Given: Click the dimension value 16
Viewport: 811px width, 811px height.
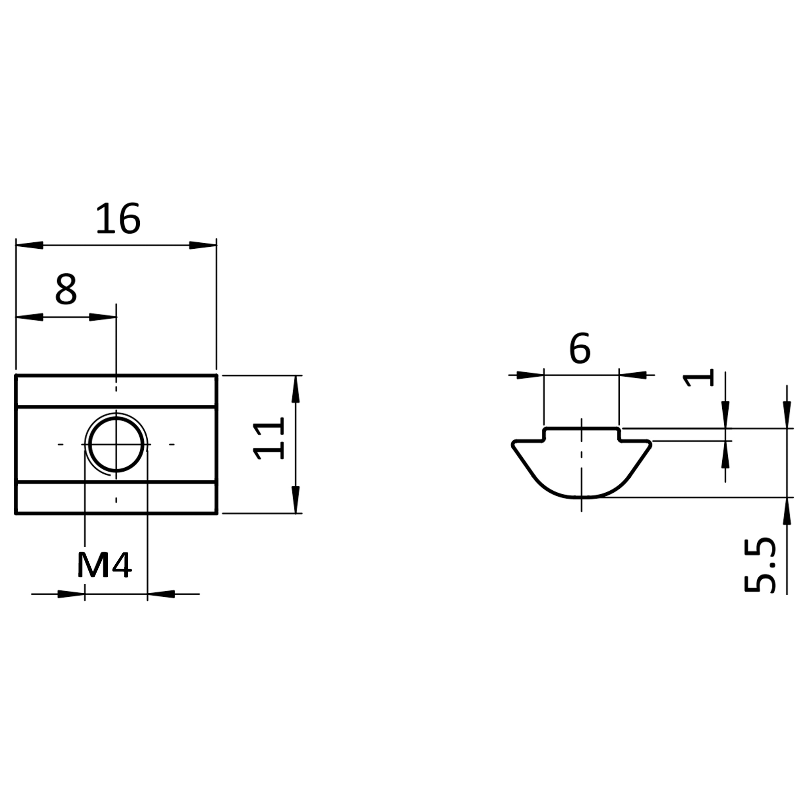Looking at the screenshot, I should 118,218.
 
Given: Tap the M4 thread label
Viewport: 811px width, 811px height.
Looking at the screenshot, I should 104,565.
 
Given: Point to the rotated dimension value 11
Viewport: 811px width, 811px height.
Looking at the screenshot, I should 268,438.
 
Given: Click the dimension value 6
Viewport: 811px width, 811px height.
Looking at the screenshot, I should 580,348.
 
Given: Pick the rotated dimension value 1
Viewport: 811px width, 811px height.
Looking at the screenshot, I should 698,378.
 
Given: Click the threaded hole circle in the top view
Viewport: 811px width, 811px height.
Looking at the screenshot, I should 116,444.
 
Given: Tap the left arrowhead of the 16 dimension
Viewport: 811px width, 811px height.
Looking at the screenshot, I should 29,245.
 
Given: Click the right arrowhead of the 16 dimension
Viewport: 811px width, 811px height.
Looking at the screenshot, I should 203,245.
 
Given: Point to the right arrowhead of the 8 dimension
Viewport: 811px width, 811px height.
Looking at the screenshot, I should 103,317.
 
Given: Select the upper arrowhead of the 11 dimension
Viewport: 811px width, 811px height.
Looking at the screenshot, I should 296,389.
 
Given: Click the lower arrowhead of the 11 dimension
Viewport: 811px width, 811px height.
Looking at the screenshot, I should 296,499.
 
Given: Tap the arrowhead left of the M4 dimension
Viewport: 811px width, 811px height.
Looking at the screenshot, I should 71,594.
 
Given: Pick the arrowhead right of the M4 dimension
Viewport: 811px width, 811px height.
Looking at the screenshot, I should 161,594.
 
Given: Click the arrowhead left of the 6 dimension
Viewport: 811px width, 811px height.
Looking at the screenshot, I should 530,375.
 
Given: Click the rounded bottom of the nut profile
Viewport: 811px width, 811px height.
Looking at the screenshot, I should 581,497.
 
